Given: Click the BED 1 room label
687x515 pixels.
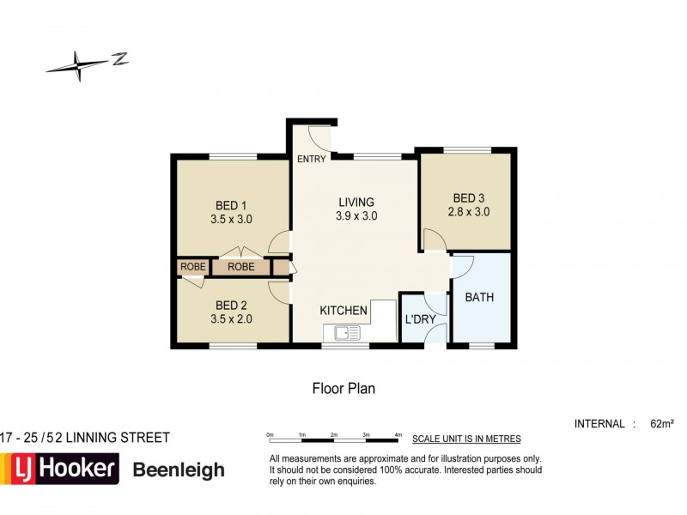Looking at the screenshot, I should coord(231,205).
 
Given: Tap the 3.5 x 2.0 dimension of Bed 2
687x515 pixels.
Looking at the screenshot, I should coord(231,319).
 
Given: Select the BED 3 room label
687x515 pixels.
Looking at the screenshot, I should coord(469,197).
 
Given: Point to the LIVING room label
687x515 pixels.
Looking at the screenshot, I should coord(356,202).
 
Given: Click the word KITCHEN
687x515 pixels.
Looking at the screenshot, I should coord(343,310).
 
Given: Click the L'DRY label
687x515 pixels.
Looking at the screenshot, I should coord(421,320).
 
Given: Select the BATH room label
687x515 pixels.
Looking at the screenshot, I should coord(479,298).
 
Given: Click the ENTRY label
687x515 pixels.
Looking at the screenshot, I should coord(310,160).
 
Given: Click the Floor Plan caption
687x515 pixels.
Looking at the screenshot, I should coord(343,388).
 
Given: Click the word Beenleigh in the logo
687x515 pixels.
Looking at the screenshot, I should coord(179,470).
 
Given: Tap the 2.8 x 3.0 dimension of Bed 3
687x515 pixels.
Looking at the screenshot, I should coord(469,211).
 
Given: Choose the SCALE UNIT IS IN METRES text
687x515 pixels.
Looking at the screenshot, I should coord(466,439).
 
